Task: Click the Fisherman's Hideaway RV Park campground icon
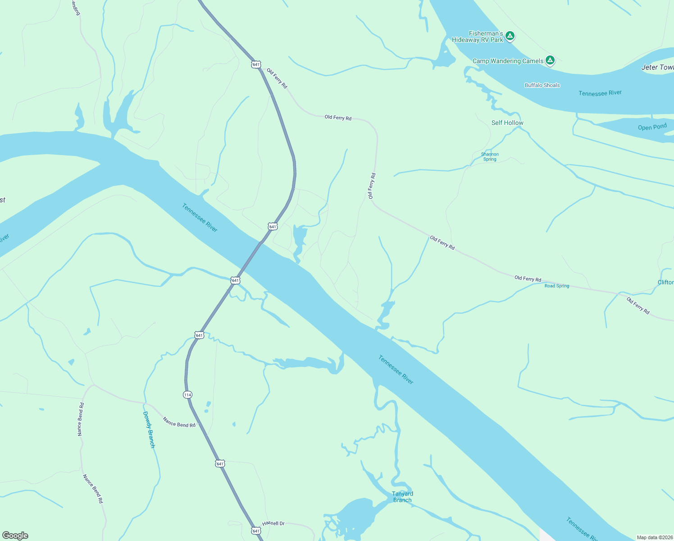click(x=510, y=36)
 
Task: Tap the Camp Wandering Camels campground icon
click(x=550, y=60)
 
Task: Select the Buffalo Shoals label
click(x=542, y=85)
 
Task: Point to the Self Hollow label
click(x=507, y=123)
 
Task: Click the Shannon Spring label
click(x=490, y=156)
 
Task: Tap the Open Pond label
click(x=652, y=127)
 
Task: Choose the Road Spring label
click(x=557, y=286)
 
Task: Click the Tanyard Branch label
click(x=402, y=497)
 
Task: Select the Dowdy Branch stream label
click(x=149, y=429)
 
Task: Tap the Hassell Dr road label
click(x=273, y=523)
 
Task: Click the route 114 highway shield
click(x=187, y=395)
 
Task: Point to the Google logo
click(x=15, y=535)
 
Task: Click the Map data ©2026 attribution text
click(x=654, y=537)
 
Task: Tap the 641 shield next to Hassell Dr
click(x=256, y=531)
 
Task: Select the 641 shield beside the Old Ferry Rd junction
click(x=256, y=64)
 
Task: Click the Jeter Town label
click(x=657, y=67)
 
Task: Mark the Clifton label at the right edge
click(x=665, y=282)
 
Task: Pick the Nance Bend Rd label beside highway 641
click(x=179, y=422)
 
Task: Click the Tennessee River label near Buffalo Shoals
click(x=600, y=93)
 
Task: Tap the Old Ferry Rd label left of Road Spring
click(x=528, y=279)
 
